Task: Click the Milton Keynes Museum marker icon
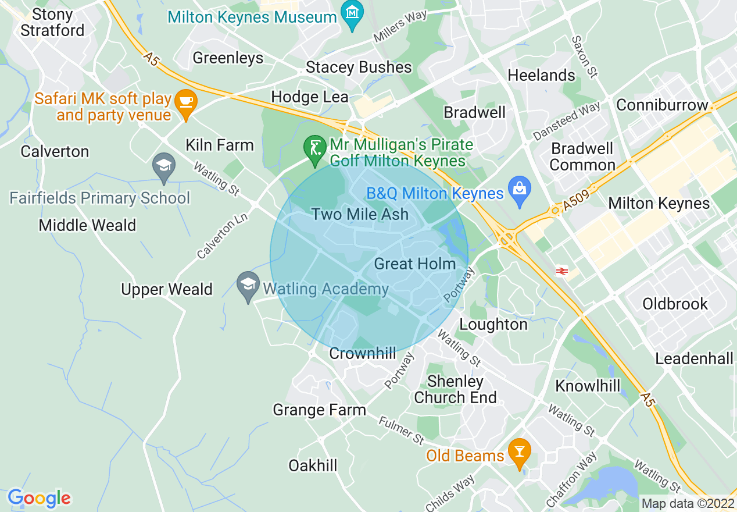[352, 12]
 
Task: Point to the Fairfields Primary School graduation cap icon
[164, 166]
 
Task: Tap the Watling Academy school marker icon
[249, 285]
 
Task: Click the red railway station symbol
[561, 271]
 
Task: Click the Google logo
[39, 498]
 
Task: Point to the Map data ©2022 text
[686, 503]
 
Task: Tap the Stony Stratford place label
[52, 22]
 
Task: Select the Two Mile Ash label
[360, 214]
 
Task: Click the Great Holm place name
[414, 264]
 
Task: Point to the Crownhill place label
[363, 353]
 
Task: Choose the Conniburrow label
[662, 105]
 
